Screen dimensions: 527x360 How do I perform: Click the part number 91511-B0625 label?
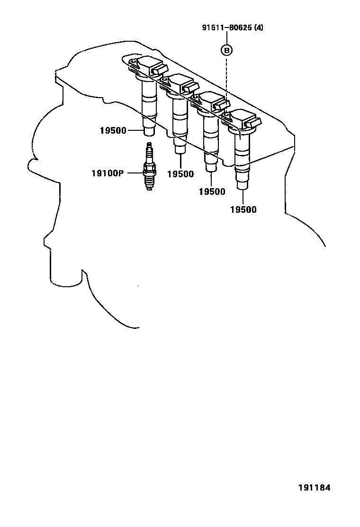click(x=226, y=27)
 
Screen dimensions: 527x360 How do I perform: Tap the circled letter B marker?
click(x=227, y=49)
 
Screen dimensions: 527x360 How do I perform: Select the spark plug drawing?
click(x=150, y=167)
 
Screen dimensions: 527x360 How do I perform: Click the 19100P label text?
click(x=107, y=173)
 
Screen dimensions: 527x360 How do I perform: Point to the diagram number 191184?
click(x=314, y=488)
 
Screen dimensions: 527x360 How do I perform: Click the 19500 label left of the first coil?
click(x=113, y=130)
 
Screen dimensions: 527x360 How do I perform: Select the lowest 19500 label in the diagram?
click(x=243, y=209)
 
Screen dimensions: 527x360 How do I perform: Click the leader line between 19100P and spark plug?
click(x=134, y=173)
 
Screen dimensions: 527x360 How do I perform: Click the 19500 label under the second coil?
click(x=180, y=174)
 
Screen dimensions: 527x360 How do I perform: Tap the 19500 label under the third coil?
click(x=212, y=191)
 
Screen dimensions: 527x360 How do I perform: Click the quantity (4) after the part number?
click(x=259, y=27)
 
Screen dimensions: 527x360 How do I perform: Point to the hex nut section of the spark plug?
click(x=150, y=168)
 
